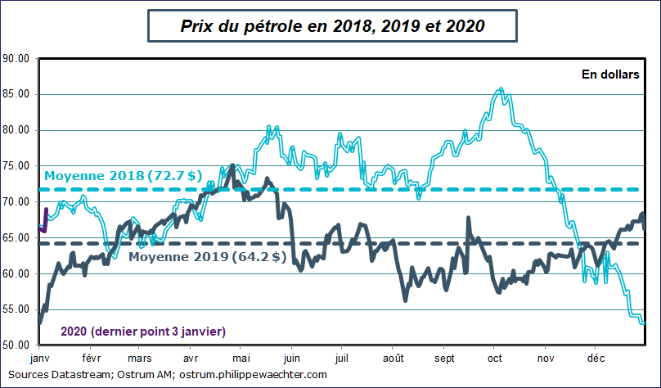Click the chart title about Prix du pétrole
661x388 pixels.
pyautogui.click(x=332, y=26)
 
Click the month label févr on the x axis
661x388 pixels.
pyautogui.click(x=90, y=359)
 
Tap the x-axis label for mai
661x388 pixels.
pyautogui.click(x=241, y=359)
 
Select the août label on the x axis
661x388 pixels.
pyautogui.click(x=393, y=359)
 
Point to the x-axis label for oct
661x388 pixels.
pyautogui.click(x=495, y=359)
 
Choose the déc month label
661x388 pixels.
pyautogui.click(x=596, y=359)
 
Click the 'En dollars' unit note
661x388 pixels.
pyautogui.click(x=609, y=74)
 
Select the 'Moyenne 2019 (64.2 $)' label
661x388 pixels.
pyautogui.click(x=207, y=257)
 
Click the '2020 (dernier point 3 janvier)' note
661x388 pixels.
pyautogui.click(x=143, y=332)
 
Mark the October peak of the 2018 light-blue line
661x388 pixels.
pyautogui.click(x=501, y=89)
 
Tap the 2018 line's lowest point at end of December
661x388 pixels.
pyautogui.click(x=643, y=323)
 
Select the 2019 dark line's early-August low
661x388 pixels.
pyautogui.click(x=406, y=300)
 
